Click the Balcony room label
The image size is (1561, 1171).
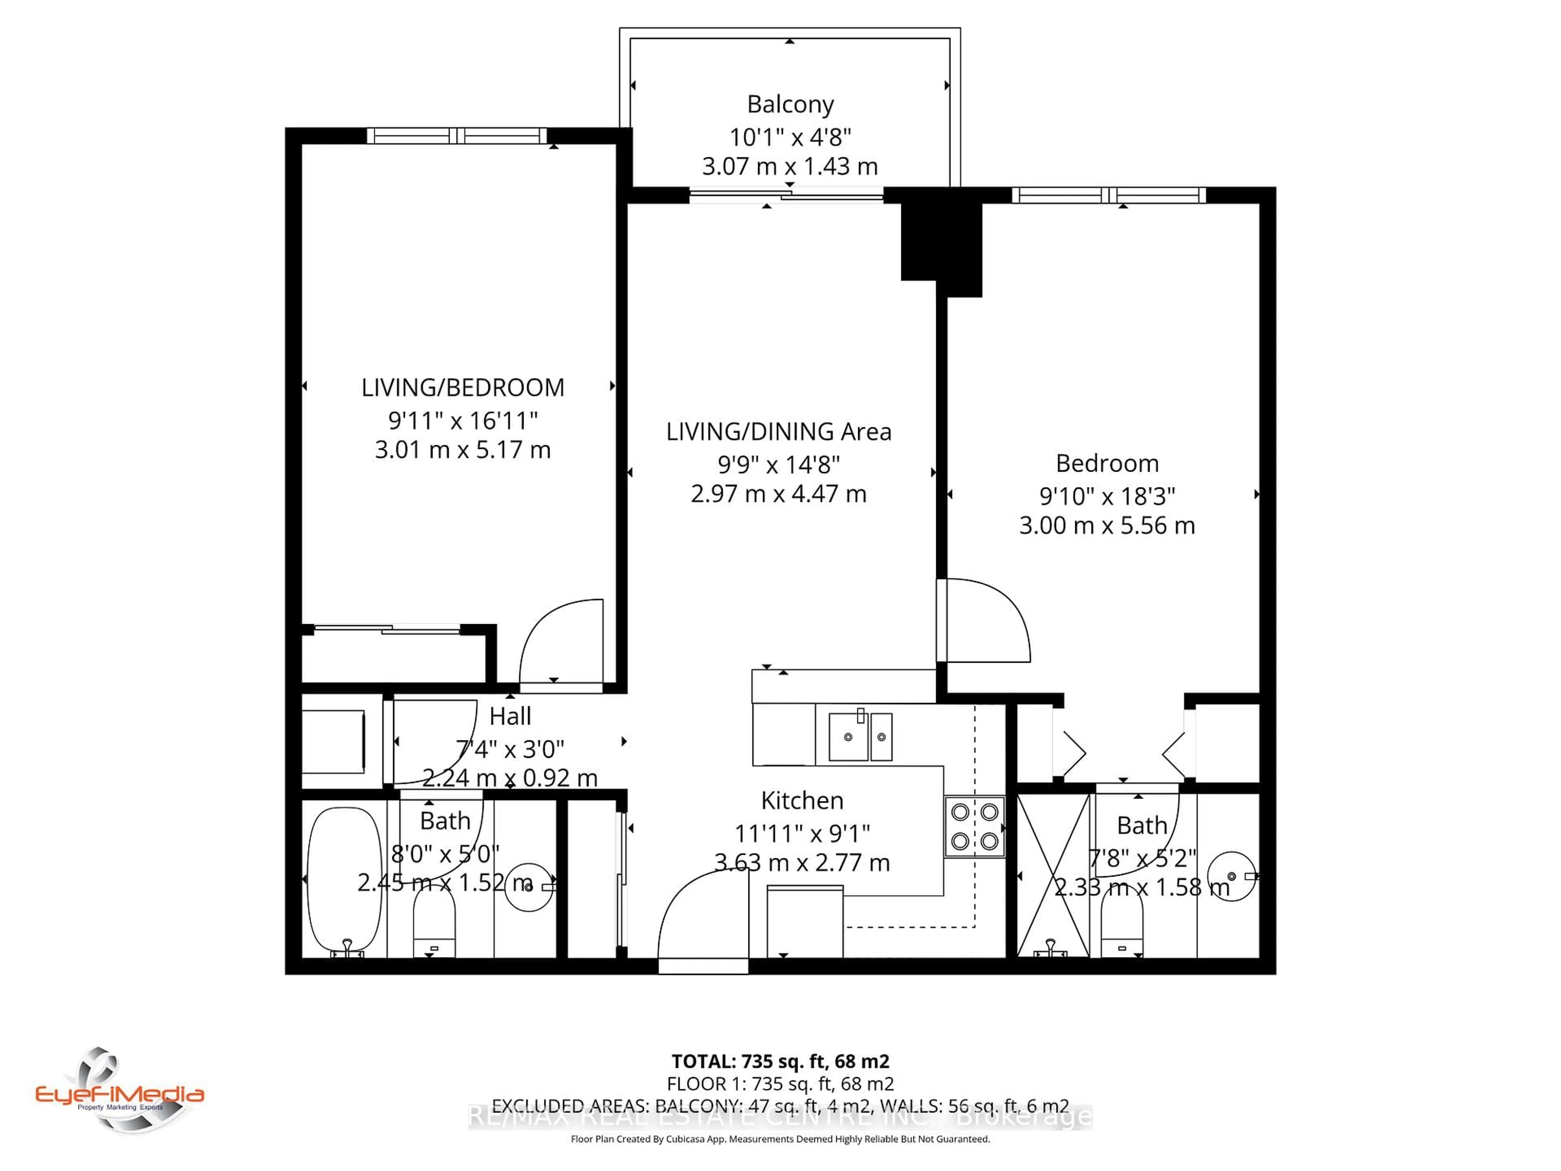tap(790, 104)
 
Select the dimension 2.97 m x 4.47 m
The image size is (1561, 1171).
tap(778, 494)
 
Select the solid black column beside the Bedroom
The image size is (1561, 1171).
tap(941, 242)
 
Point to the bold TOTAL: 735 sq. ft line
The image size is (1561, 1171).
tap(780, 1061)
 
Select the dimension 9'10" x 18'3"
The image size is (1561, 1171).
tap(1107, 496)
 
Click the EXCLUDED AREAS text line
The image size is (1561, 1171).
tap(780, 1106)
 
